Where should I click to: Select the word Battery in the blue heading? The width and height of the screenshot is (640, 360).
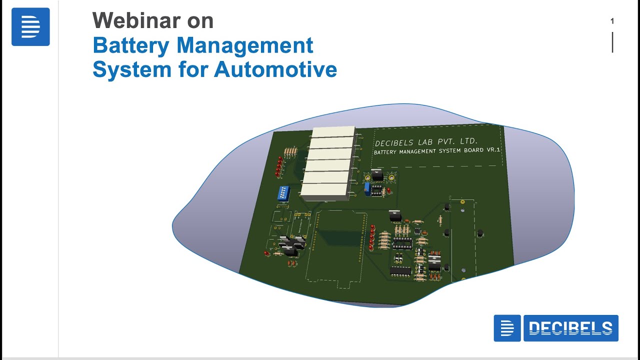(131, 45)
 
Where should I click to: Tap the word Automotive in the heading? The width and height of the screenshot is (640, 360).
(275, 69)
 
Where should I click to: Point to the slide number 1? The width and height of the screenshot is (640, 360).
(612, 21)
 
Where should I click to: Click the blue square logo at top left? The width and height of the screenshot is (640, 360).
(30, 27)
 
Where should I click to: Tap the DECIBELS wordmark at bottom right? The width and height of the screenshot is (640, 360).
(570, 328)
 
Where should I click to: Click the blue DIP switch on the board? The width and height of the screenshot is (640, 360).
(284, 194)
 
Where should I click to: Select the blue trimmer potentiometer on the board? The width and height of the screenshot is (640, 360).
(367, 188)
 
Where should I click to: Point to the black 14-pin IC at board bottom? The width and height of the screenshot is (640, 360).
(400, 270)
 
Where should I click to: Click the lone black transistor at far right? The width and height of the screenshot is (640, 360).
(480, 232)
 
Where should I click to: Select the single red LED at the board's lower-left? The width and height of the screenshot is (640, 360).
(266, 253)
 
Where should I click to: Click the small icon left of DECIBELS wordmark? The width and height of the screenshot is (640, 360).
(507, 328)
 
